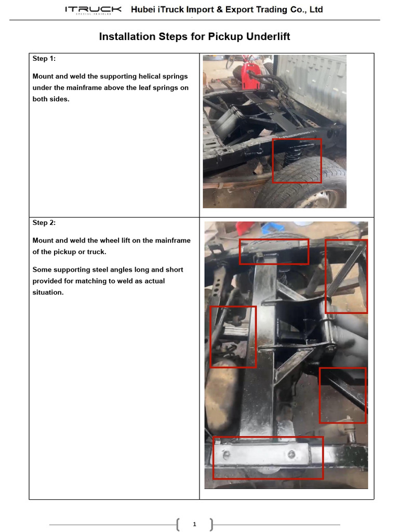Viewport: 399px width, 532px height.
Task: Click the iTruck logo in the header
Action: pos(93,10)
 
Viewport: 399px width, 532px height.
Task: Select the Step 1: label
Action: pos(44,59)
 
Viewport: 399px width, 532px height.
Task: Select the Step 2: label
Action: pos(44,223)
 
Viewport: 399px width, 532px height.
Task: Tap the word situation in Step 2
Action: pos(48,292)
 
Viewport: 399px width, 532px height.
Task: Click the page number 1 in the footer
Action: pos(194,524)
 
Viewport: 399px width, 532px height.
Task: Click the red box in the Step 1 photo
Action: pos(297,161)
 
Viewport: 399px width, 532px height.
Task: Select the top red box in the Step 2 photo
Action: pos(274,251)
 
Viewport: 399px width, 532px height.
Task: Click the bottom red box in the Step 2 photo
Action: pos(268,458)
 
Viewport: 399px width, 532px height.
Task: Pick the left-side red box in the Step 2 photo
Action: pos(233,337)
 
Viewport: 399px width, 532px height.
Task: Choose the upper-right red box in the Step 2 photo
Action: pos(346,276)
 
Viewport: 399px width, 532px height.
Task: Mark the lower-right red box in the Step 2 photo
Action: pos(342,395)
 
